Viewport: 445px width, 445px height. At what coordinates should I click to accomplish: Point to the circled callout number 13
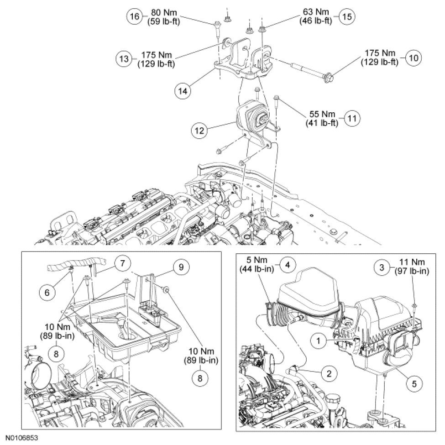[123, 59]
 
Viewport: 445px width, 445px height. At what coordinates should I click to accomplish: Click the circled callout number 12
[198, 130]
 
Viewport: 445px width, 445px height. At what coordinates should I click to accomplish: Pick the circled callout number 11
[352, 118]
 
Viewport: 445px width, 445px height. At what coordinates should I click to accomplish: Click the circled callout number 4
[287, 265]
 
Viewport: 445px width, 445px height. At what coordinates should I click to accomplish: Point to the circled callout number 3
[382, 266]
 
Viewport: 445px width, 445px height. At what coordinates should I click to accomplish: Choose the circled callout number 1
[319, 340]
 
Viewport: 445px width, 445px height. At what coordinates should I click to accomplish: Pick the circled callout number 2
[327, 373]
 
